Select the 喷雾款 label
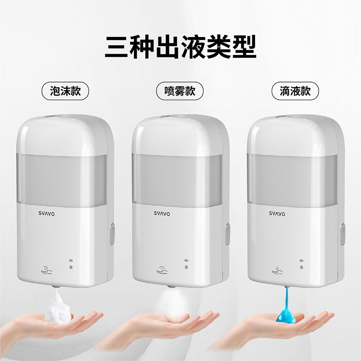point(180,91)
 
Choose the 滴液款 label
point(295,91)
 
